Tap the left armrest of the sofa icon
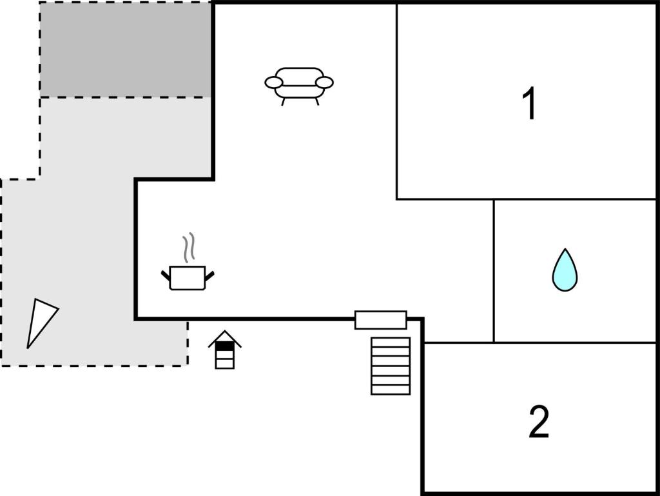pyautogui.click(x=273, y=83)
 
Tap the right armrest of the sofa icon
pyautogui.click(x=324, y=83)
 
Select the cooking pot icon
pyautogui.click(x=188, y=278)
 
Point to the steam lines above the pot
pyautogui.click(x=189, y=247)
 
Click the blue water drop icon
pyautogui.click(x=565, y=270)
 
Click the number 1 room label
pyautogui.click(x=529, y=103)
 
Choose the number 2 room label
pyautogui.click(x=539, y=421)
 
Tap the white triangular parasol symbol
pyautogui.click(x=41, y=320)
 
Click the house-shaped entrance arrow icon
pyautogui.click(x=225, y=350)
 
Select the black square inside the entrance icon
pyautogui.click(x=225, y=346)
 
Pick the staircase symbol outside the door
pyautogui.click(x=391, y=366)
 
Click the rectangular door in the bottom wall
pyautogui.click(x=381, y=320)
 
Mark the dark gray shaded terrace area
pyautogui.click(x=126, y=50)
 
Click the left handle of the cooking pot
pyautogui.click(x=166, y=275)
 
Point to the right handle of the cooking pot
pyautogui.click(x=209, y=275)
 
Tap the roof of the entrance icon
pyautogui.click(x=225, y=338)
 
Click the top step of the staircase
pyautogui.click(x=391, y=342)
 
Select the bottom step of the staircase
pyautogui.click(x=391, y=390)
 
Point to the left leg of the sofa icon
pyautogui.click(x=284, y=101)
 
